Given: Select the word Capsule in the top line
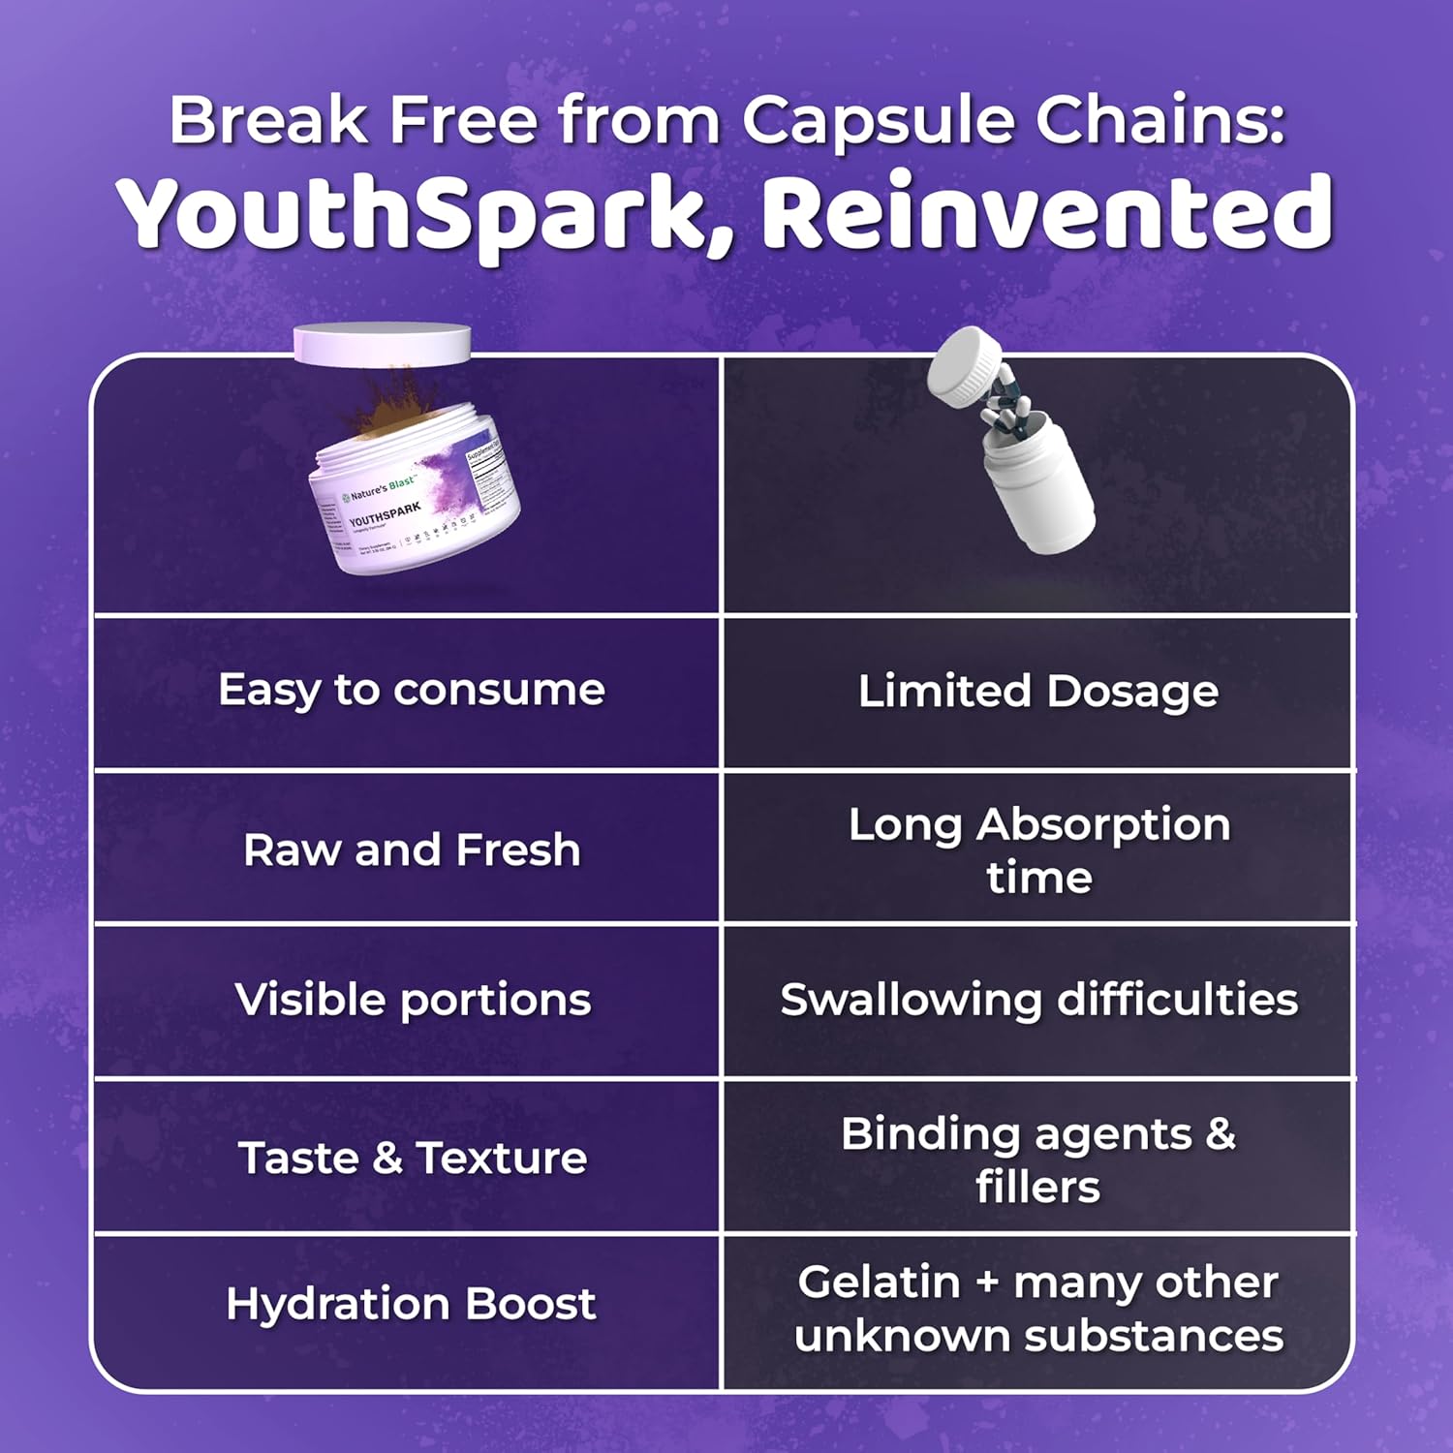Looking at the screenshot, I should [x=877, y=121].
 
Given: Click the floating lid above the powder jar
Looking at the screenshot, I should [x=382, y=345].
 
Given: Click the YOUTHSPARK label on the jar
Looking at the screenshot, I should [x=385, y=514].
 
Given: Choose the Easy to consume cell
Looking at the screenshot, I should [x=412, y=691].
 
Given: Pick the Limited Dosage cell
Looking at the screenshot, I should [x=1038, y=692].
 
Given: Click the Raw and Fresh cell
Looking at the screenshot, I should [x=412, y=850].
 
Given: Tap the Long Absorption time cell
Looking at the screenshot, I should [x=1038, y=850].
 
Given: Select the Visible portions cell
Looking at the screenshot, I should [x=412, y=1000].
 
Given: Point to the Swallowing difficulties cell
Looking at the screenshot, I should [x=1038, y=1000].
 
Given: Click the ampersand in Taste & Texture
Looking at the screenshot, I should [x=386, y=1158].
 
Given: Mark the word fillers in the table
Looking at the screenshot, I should [x=1037, y=1187].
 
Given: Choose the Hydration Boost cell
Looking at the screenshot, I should [x=411, y=1304].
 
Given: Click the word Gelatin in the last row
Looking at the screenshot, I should [x=879, y=1283].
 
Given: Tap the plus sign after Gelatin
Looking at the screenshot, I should [x=987, y=1283].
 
